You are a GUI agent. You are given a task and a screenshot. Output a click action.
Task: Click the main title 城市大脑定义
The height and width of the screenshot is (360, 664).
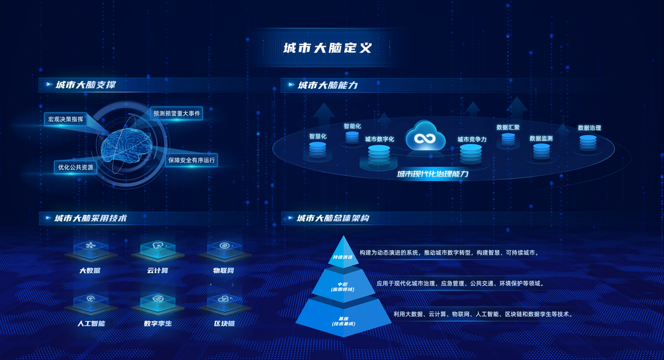327,47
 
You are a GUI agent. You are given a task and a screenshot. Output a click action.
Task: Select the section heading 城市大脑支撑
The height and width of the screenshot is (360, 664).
85,85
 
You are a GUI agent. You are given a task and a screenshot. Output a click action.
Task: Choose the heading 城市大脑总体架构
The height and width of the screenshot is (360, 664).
333,218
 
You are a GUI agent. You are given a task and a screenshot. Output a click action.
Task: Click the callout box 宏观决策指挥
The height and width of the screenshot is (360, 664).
66,119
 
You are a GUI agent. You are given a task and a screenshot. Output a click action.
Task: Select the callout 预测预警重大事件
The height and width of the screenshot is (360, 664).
177,113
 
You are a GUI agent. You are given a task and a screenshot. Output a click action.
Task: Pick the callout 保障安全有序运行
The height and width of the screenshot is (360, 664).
192,160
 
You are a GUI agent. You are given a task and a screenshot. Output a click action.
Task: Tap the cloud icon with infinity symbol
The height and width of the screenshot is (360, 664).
425,137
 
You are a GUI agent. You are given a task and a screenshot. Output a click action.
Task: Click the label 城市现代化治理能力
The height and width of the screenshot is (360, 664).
432,174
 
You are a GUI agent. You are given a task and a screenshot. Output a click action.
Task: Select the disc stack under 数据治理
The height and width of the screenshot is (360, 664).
588,142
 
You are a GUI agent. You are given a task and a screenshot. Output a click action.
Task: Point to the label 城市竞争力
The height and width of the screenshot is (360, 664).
472,139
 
